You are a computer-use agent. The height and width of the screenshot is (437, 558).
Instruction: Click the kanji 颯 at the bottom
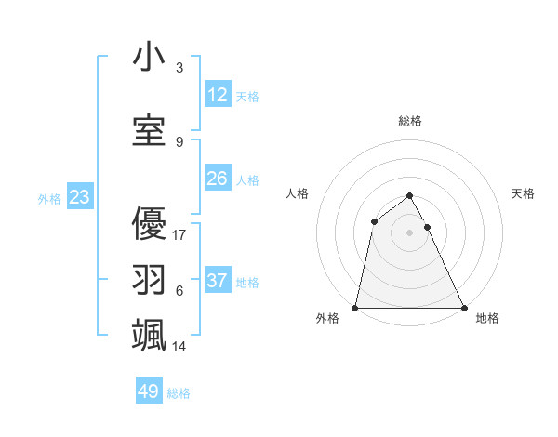149,334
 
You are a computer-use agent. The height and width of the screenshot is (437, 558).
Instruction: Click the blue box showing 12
218,95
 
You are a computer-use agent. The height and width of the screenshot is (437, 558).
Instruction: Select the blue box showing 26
218,179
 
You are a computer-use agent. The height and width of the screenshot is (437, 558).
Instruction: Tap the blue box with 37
218,281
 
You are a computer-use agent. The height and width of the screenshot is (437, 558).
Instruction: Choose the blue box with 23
79,197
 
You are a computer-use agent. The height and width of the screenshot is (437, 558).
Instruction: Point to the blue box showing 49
149,391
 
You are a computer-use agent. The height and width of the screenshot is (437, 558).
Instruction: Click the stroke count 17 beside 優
179,234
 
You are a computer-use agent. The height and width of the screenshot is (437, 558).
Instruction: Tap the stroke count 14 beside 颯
179,347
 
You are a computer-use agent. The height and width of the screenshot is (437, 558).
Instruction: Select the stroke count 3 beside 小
179,68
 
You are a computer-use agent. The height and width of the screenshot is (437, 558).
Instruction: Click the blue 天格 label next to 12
247,97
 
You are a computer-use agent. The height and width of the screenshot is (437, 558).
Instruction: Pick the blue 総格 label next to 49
179,393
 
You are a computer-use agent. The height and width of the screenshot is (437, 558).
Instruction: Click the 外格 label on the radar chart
327,319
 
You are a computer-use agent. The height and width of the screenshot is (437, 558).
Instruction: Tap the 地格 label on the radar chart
487,319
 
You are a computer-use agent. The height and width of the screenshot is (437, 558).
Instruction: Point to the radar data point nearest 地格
463,308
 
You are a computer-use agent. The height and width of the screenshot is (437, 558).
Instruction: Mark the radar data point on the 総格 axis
409,195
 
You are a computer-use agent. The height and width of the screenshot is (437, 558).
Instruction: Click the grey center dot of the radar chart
409,232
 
